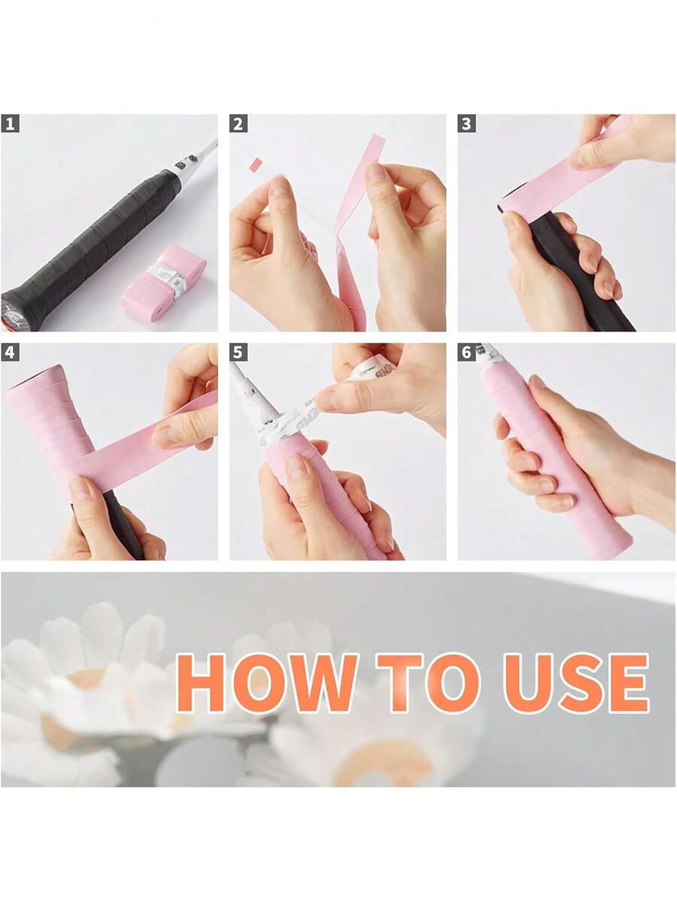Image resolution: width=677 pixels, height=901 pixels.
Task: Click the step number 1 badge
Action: point(10,123)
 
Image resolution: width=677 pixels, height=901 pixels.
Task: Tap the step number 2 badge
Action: point(238,123)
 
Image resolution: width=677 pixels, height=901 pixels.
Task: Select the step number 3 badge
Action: point(466,123)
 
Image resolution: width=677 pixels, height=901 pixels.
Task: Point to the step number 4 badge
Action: point(10,352)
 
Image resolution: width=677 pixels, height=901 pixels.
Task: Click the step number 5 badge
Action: point(238,352)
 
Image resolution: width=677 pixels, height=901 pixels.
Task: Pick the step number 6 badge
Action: point(466,352)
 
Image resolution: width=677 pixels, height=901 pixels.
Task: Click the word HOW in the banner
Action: point(266,683)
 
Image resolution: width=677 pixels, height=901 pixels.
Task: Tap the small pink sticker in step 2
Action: point(256,163)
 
